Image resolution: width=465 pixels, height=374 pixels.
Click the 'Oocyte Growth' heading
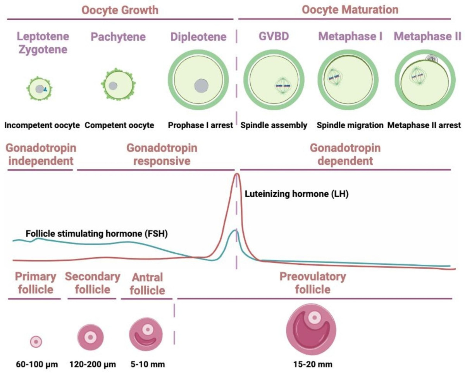[120, 10]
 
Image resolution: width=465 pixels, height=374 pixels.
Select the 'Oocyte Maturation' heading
[350, 10]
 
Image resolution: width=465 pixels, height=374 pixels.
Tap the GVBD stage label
[274, 36]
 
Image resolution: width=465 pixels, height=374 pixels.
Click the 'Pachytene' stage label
[118, 37]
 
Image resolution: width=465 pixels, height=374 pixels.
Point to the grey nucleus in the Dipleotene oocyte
[201, 85]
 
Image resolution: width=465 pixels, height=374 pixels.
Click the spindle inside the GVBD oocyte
[283, 86]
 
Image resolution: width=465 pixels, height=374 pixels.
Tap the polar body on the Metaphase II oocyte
[432, 59]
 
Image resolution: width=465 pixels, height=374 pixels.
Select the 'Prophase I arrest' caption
[200, 125]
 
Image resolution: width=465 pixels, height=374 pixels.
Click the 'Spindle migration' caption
[350, 125]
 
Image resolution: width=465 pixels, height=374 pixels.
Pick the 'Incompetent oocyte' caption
[42, 125]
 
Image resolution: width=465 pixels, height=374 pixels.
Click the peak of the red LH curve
[237, 174]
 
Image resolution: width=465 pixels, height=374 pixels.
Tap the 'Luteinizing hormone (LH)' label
[296, 194]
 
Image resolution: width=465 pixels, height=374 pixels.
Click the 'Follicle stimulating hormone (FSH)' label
[96, 233]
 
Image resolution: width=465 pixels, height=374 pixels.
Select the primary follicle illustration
[36, 342]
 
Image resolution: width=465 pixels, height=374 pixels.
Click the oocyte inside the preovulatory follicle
[314, 317]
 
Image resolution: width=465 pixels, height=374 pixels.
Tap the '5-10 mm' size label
[148, 364]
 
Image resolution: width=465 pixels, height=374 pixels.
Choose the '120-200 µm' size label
[93, 364]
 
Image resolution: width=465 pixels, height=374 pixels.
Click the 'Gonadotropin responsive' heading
[162, 154]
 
